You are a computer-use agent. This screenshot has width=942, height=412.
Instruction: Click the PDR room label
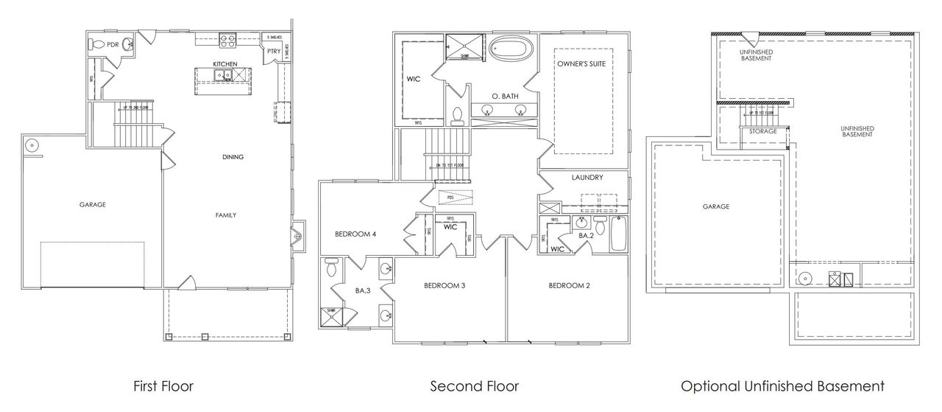click(113, 44)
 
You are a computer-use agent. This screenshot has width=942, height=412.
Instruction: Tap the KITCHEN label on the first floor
click(224, 64)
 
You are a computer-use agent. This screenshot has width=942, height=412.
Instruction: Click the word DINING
click(233, 157)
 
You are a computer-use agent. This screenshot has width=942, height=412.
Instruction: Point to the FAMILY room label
click(225, 215)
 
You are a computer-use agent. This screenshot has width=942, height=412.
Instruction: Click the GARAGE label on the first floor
click(93, 205)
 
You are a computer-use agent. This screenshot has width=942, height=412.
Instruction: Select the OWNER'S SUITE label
click(581, 64)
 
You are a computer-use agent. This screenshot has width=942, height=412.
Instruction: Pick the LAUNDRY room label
click(587, 178)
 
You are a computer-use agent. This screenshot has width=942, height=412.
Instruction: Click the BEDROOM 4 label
click(355, 234)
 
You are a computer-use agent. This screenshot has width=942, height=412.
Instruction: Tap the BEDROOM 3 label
click(444, 285)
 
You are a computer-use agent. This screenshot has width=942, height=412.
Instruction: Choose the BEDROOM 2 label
click(569, 285)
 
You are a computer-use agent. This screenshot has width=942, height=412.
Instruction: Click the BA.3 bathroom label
click(362, 291)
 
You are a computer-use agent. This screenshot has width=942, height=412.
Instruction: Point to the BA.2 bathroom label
click(586, 235)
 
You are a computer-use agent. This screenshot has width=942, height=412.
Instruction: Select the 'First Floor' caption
click(163, 385)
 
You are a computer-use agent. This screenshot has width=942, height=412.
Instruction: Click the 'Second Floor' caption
click(474, 385)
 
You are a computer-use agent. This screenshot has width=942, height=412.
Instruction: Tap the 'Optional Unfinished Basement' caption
click(782, 385)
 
